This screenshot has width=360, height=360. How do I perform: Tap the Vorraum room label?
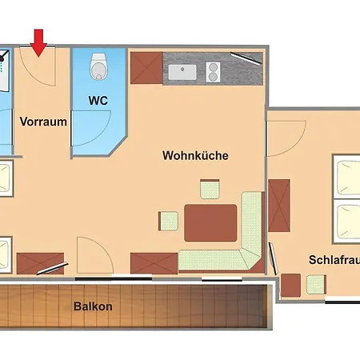(x=42, y=122)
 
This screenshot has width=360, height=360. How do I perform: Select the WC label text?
(x=98, y=102)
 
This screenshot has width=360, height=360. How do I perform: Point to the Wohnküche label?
(x=194, y=155)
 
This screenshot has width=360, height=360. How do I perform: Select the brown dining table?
(x=211, y=222)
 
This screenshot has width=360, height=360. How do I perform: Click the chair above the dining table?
(x=210, y=190)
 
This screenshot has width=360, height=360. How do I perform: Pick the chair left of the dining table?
(x=168, y=221)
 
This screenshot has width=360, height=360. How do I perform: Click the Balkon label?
(x=93, y=306)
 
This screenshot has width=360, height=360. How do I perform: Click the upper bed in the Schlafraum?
(x=346, y=178)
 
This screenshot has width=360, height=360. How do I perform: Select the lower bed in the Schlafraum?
(x=346, y=223)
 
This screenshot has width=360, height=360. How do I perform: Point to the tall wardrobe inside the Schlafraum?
(x=278, y=206)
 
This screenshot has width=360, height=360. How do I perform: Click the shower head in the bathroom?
(x=4, y=57)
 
